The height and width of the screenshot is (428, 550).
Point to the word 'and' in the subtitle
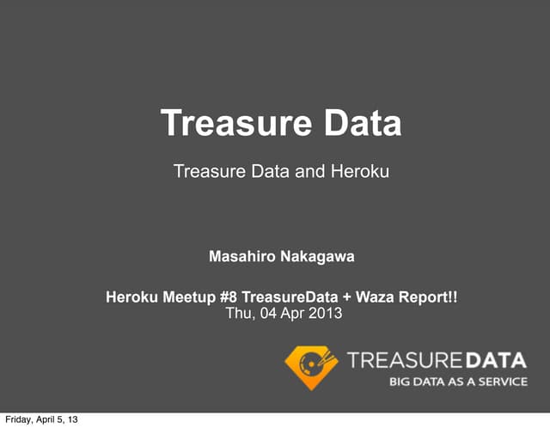pyautogui.click(x=308, y=172)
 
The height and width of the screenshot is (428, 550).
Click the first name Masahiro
pyautogui.click(x=242, y=256)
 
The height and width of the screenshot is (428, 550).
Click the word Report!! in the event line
pyautogui.click(x=428, y=298)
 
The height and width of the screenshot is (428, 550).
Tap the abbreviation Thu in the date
pyautogui.click(x=238, y=314)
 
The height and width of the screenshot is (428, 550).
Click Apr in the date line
pyautogui.click(x=291, y=314)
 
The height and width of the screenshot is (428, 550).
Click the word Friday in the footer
pyautogui.click(x=21, y=419)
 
